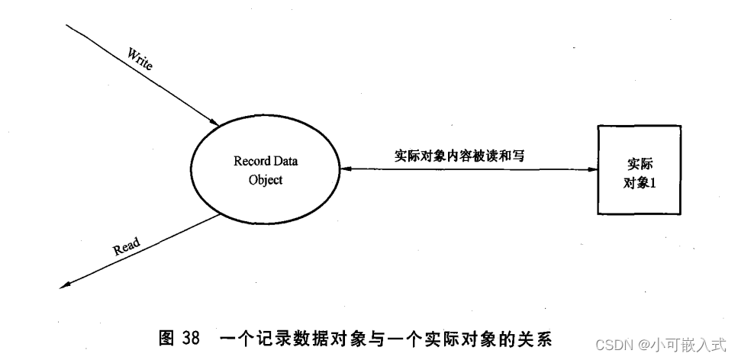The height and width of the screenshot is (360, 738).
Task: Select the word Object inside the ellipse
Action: tap(266, 181)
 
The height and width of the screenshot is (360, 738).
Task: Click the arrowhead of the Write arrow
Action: tap(215, 123)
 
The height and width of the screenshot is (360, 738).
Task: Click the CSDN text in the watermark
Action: tap(611, 345)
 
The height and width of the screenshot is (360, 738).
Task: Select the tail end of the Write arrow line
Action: tap(69, 26)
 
